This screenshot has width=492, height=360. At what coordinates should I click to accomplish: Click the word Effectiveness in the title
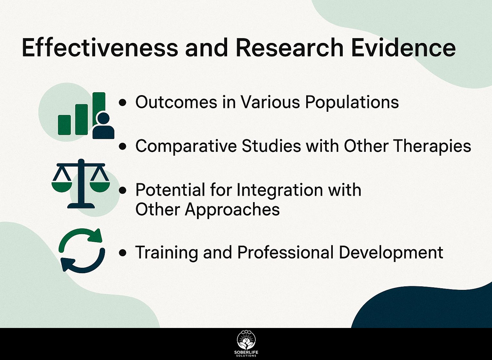(100, 48)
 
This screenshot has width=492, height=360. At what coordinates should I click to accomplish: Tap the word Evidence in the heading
(403, 48)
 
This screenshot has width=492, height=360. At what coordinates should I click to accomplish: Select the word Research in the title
(290, 48)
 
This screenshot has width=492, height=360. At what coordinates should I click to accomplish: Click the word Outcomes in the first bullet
(176, 102)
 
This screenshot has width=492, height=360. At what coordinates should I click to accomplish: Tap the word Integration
(279, 190)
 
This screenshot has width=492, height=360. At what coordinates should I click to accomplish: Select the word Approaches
(232, 210)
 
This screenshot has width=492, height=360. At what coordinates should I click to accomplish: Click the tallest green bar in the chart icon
(99, 108)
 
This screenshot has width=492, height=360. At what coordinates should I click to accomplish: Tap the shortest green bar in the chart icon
(64, 125)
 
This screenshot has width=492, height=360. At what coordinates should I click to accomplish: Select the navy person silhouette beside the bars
(103, 126)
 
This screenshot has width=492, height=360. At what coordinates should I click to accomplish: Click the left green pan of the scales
(62, 186)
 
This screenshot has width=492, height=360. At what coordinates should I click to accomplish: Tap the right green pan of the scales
(100, 186)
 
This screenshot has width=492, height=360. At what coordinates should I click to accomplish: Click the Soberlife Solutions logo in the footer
(246, 344)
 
